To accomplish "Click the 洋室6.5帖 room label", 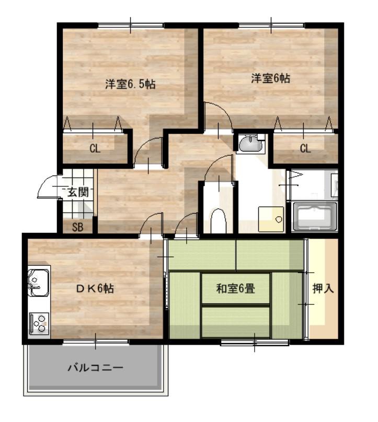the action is pyautogui.click(x=130, y=85).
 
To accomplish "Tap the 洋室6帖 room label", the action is pyautogui.click(x=270, y=78).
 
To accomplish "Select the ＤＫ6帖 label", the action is pyautogui.click(x=95, y=288).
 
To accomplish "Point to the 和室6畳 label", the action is pyautogui.click(x=235, y=288).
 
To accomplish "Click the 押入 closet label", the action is pyautogui.click(x=323, y=288).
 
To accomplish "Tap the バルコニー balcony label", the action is pyautogui.click(x=95, y=367).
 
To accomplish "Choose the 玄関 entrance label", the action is pyautogui.click(x=78, y=192).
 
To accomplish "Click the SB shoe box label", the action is pyautogui.click(x=77, y=227).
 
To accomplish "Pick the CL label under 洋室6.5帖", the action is pyautogui.click(x=95, y=148).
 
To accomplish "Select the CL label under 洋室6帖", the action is pyautogui.click(x=305, y=148).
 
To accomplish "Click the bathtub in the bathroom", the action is pyautogui.click(x=315, y=217).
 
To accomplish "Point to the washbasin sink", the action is pyautogui.click(x=250, y=144).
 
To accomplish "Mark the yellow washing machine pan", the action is pyautogui.click(x=271, y=219).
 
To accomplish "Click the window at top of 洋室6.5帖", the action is pyautogui.click(x=131, y=25).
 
